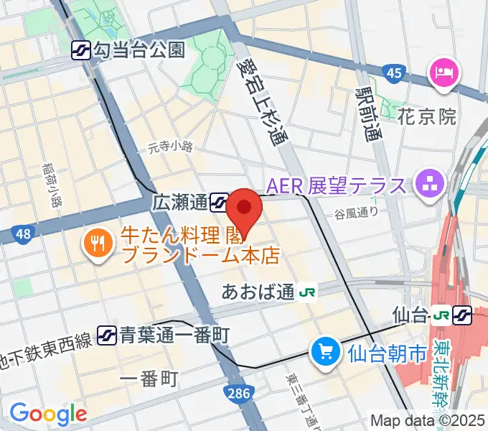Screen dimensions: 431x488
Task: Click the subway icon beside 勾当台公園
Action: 81,50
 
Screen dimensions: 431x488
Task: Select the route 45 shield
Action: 393,73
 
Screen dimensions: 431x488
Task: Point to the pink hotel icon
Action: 439,72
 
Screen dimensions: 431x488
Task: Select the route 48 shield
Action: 22,233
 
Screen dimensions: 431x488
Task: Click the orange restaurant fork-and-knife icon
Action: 95,244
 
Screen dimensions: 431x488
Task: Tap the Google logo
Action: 47,413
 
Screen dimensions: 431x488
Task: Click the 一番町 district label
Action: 149,380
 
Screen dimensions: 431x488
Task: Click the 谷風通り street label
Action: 356,213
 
